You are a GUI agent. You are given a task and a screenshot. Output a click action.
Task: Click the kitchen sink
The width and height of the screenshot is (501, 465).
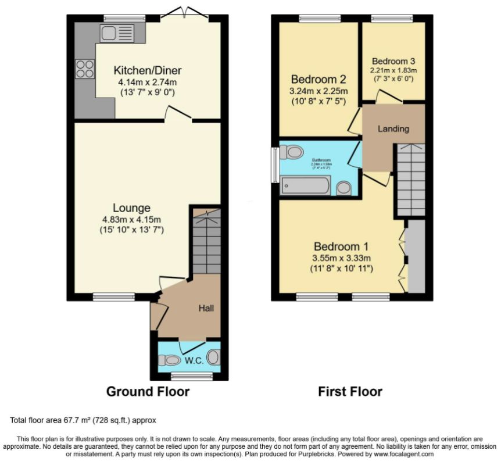pyautogui.click(x=117, y=33)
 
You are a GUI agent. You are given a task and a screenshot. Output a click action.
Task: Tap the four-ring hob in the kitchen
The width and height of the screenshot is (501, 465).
pyautogui.click(x=85, y=69)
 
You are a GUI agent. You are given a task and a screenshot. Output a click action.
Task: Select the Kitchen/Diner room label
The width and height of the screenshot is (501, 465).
pyautogui.click(x=147, y=71)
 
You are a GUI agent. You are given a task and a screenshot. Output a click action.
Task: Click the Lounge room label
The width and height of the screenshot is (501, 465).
pyautogui.click(x=131, y=208)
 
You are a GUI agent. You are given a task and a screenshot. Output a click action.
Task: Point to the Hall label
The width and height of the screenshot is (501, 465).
pyautogui.click(x=206, y=308)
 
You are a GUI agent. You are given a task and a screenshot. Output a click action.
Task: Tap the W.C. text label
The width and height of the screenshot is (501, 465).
pyautogui.click(x=194, y=360)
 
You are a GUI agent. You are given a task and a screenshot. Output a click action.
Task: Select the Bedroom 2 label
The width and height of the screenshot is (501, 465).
pyautogui.click(x=319, y=80)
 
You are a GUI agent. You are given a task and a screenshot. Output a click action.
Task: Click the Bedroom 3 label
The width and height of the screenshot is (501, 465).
pyautogui.click(x=394, y=61)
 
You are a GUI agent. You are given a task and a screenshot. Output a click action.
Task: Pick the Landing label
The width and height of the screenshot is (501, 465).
pyautogui.click(x=393, y=128)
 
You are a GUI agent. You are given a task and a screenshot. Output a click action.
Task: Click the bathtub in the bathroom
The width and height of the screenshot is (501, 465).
pyautogui.click(x=305, y=186)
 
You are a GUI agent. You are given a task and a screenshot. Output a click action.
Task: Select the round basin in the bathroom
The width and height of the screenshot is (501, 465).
pyautogui.click(x=344, y=188)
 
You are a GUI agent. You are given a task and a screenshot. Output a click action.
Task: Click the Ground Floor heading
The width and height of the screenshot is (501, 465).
pyautogui.click(x=148, y=392)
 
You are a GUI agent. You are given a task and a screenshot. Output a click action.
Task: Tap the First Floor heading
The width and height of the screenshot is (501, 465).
pyautogui.click(x=350, y=392)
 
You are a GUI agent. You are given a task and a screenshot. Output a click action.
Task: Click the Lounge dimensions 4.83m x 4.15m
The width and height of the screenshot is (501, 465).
pyautogui.click(x=131, y=220)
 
